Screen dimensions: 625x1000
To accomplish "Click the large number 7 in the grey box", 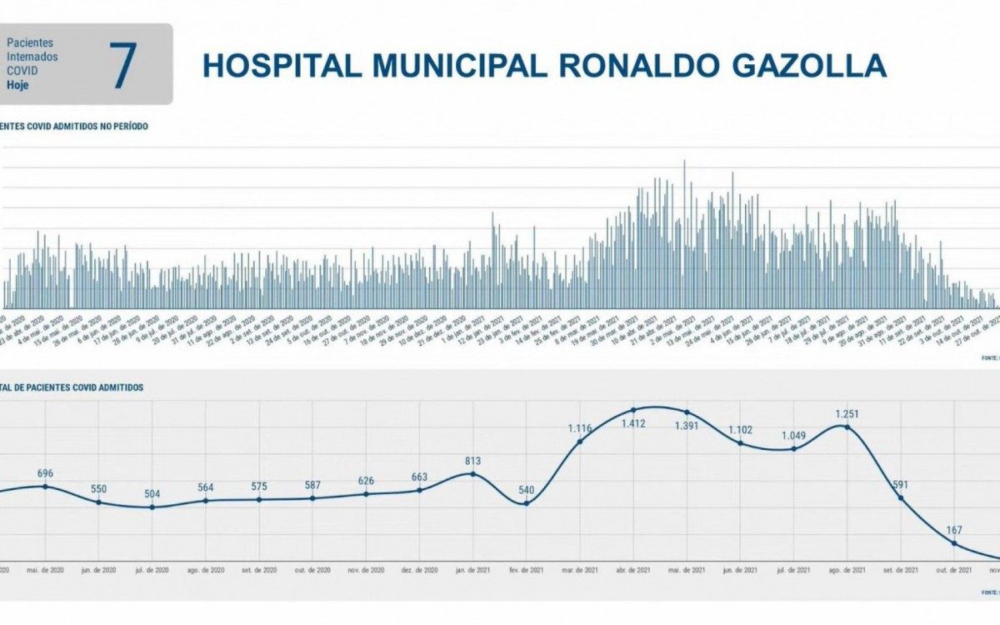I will click(x=122, y=64).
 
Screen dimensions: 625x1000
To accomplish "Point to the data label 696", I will click(x=46, y=473).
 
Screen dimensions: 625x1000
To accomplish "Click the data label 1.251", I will click(x=847, y=413).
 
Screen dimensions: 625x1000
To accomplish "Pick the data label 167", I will click(x=954, y=531).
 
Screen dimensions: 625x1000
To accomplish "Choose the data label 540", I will click(x=527, y=490).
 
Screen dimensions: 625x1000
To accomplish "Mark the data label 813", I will click(x=473, y=460).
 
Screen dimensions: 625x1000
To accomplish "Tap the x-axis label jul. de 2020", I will click(x=152, y=571).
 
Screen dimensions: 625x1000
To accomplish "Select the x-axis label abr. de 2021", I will click(x=633, y=571).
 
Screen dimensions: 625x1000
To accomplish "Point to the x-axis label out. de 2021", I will click(x=954, y=571).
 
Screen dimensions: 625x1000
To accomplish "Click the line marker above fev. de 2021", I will click(x=527, y=503).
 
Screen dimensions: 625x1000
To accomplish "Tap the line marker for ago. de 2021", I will click(x=847, y=427).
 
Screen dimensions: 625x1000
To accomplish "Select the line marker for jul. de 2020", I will click(x=152, y=507).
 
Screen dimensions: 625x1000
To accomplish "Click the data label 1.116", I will click(x=580, y=428).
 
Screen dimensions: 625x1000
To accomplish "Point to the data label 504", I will click(x=152, y=493).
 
